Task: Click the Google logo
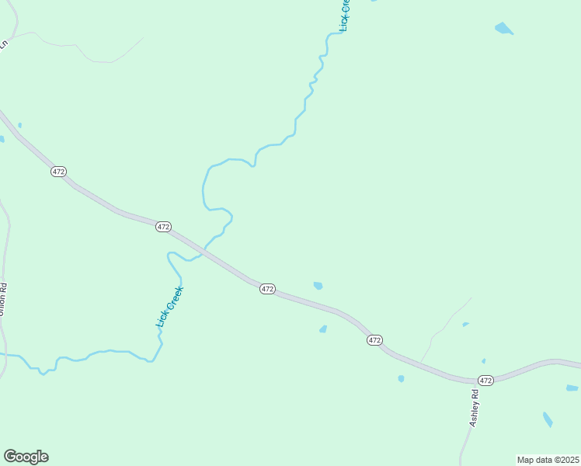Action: [x=26, y=457]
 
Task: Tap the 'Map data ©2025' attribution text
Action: [x=548, y=460]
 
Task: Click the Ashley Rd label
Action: [x=475, y=407]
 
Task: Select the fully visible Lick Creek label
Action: [x=168, y=306]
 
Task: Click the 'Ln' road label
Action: [x=3, y=44]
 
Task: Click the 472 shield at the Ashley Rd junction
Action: [x=485, y=380]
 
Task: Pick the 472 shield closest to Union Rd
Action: [x=59, y=171]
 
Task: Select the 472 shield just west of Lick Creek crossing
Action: [x=162, y=226]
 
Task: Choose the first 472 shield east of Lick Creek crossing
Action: [x=267, y=288]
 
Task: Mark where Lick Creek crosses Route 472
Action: [x=204, y=250]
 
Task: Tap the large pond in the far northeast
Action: [x=504, y=30]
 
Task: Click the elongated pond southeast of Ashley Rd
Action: [x=548, y=419]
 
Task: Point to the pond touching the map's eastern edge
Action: [x=572, y=388]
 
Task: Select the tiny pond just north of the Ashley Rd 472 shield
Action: [x=483, y=361]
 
